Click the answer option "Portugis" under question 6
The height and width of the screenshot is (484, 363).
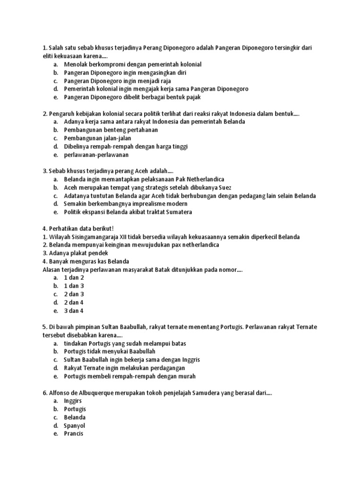click(75, 409)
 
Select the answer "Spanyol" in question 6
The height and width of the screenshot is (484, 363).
click(74, 425)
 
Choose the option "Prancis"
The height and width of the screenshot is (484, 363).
click(73, 433)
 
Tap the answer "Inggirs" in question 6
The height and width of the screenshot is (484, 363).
click(73, 400)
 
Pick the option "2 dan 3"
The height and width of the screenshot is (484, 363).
click(74, 294)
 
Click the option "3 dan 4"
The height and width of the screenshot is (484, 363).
click(74, 311)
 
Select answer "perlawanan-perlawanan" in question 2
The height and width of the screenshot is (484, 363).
click(96, 155)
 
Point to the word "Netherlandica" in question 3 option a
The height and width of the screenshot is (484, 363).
click(205, 179)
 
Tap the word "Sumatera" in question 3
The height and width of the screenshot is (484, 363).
click(178, 212)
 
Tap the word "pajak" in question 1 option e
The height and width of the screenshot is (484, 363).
click(194, 97)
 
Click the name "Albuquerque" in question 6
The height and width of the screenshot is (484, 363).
click(94, 392)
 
